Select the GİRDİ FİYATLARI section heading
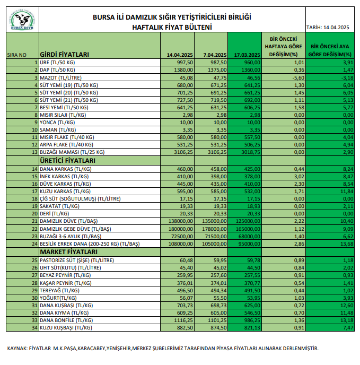coord(65,54)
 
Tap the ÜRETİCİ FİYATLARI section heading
coord(67,160)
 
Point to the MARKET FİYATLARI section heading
coord(66,251)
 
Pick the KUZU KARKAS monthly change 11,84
coord(345,191)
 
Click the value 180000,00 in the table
coord(179,229)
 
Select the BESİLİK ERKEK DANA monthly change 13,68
coord(345,244)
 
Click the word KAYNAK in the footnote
coord(17,348)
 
